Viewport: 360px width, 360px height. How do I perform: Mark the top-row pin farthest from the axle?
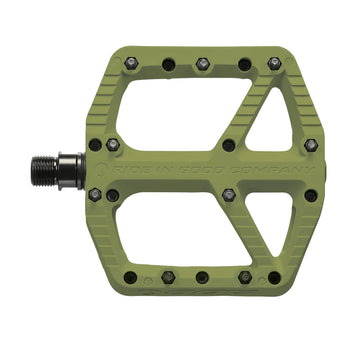click(x=274, y=63)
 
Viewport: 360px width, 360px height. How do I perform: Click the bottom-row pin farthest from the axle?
click(x=274, y=277)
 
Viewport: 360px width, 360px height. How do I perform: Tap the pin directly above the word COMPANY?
click(x=229, y=145)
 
